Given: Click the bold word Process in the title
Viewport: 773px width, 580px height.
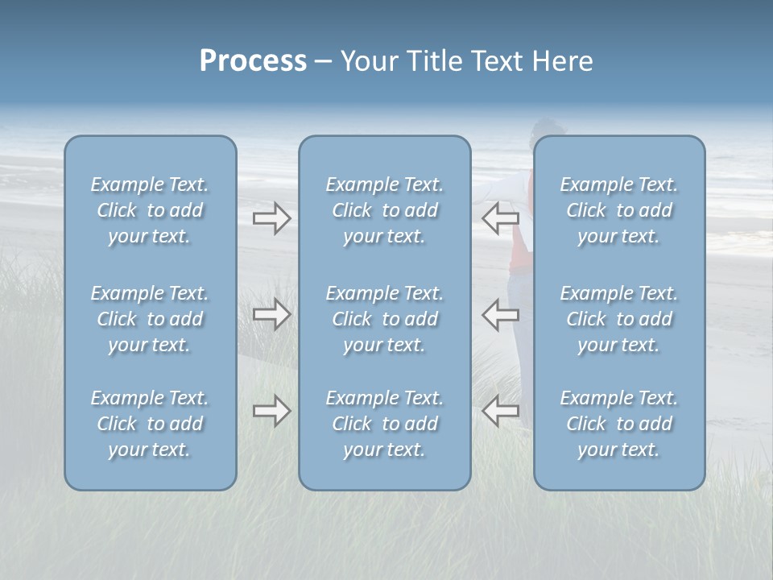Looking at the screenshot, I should pos(253,61).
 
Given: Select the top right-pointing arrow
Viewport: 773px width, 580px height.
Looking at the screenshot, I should pos(271,217).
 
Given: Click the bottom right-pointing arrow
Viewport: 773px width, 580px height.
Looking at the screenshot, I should pos(271,412).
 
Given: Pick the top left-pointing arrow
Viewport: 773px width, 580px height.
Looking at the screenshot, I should pos(501,217).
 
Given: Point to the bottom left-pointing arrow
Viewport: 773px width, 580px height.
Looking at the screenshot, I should pos(501,412).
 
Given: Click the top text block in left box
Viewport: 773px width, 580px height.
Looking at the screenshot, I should pos(150,210).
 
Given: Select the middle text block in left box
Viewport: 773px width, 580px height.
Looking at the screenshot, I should pos(150,319).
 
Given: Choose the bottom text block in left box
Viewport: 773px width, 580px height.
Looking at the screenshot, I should pos(150,424).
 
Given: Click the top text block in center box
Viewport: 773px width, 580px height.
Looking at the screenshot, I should pos(384,210).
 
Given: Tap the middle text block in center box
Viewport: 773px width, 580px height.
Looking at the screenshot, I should pos(384,319).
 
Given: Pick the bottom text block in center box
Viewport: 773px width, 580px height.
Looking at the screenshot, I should pos(384,424).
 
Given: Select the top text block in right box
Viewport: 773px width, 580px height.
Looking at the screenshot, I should pos(619,210).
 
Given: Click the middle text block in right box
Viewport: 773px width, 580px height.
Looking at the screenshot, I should pos(619,319).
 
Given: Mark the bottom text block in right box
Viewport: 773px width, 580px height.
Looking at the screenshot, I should pos(619,424).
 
